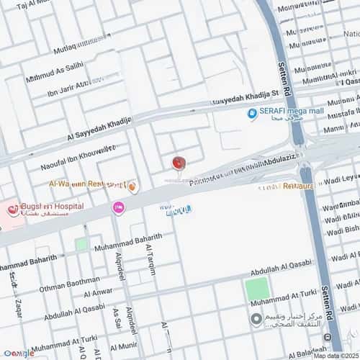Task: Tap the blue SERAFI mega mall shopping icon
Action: click(253, 113)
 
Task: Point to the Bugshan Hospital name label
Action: click(45, 206)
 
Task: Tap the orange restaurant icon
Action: click(132, 187)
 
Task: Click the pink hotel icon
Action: click(117, 208)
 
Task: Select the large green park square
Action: click(256, 289)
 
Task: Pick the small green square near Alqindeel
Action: click(81, 245)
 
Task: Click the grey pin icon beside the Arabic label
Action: click(256, 319)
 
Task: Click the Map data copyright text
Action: click(335, 355)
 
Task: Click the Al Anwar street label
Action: click(97, 293)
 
